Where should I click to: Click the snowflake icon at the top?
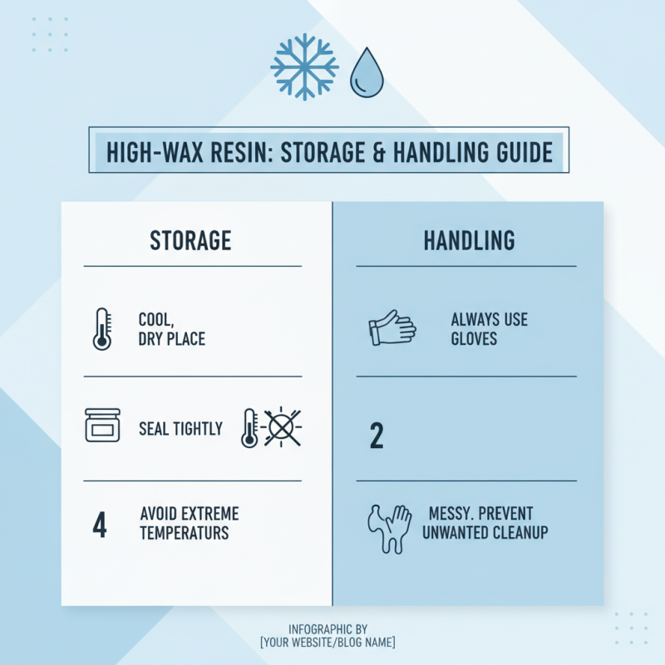click(304, 67)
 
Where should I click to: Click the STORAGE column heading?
click(190, 241)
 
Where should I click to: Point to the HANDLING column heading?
click(469, 241)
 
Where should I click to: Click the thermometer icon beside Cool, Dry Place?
click(102, 328)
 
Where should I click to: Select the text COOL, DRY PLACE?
click(171, 329)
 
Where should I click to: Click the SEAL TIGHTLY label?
click(180, 429)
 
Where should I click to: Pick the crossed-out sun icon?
click(283, 428)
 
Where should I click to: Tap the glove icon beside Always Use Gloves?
click(391, 328)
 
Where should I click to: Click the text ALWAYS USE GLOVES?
click(489, 329)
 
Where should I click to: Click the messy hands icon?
click(389, 526)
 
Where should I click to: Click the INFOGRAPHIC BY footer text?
click(328, 629)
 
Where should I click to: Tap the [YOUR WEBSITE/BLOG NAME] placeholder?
click(328, 643)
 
